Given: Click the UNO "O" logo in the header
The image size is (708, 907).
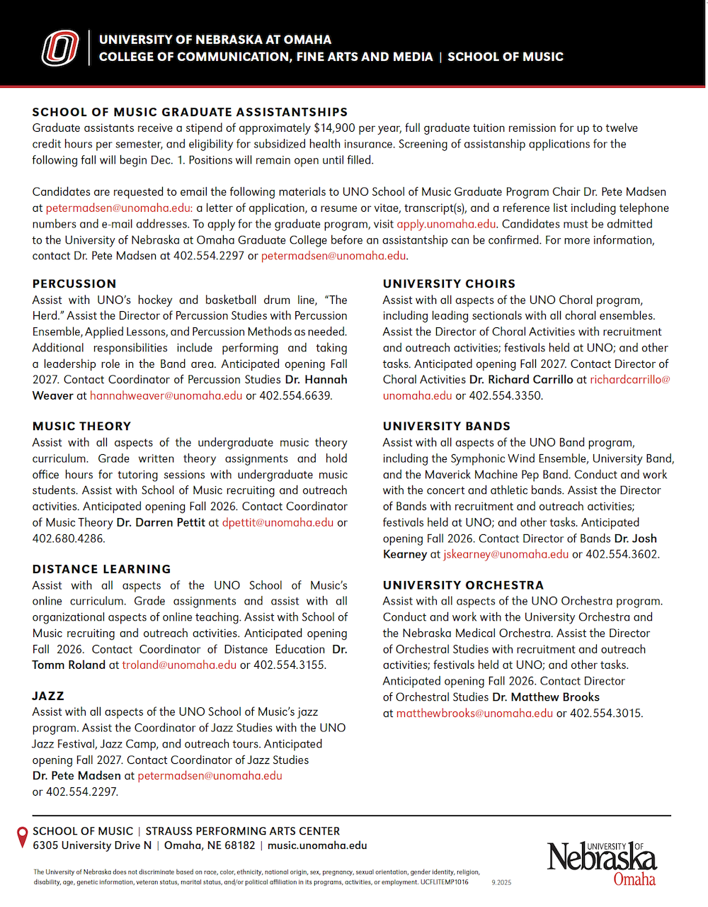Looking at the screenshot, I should tap(60, 48).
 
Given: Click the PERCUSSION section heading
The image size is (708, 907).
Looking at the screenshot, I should tap(74, 283).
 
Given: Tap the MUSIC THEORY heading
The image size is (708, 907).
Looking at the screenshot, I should tap(81, 426).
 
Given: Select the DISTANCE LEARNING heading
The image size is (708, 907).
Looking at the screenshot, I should tap(101, 569).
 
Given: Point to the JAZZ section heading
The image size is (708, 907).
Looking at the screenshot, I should tap(48, 696).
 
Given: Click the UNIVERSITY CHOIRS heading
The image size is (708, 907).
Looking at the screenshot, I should tap(449, 283).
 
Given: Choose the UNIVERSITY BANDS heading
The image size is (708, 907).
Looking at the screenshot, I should tap(446, 426).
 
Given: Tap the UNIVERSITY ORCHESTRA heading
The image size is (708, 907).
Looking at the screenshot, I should tap(463, 585).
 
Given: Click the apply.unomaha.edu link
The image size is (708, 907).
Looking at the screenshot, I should tap(446, 224).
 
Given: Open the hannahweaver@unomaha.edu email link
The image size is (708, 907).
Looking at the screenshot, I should tap(166, 395).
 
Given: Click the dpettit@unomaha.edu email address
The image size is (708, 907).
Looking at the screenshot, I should tap(278, 522).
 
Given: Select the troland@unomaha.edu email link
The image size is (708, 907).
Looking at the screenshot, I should tap(179, 665).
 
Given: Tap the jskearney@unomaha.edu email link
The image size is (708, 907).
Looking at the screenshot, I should tap(506, 554).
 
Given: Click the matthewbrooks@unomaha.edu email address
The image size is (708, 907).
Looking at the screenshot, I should tap(474, 713).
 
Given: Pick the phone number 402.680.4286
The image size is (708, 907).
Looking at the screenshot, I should tap(68, 539).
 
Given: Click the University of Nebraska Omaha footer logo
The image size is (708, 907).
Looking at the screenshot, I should tap(602, 862).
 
